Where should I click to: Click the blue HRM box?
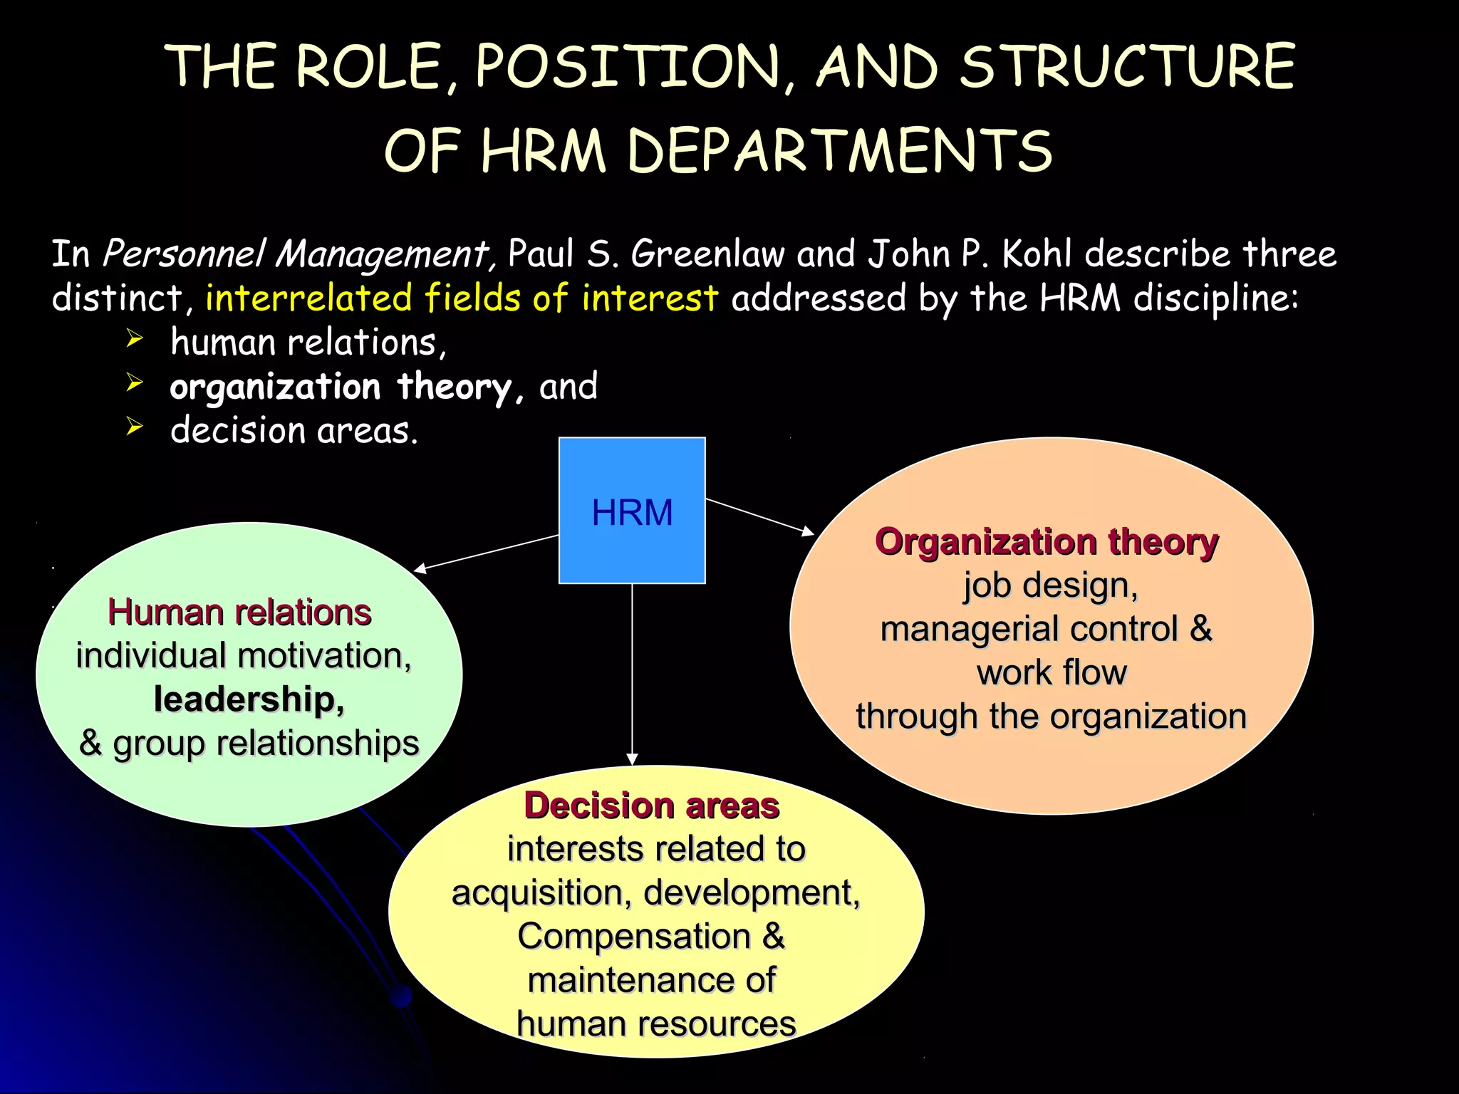[632, 511]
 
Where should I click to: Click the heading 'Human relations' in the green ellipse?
[239, 613]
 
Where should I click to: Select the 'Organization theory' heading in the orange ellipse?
[1047, 542]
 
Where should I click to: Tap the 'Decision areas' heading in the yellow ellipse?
[652, 806]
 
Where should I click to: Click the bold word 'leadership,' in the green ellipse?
[249, 699]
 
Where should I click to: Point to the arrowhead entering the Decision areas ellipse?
[632, 759]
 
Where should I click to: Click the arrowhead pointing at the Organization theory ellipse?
[807, 531]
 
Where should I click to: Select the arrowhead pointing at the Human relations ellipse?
[421, 568]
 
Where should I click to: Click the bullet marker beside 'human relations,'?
[135, 339]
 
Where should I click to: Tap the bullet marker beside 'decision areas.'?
[135, 427]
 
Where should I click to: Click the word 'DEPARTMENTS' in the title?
[839, 151]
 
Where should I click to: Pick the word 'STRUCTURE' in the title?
[1127, 67]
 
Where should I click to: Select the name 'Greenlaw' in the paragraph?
[707, 254]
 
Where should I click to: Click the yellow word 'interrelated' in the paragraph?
[308, 298]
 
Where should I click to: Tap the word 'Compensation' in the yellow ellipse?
[634, 937]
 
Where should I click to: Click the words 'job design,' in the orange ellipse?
[1051, 586]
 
